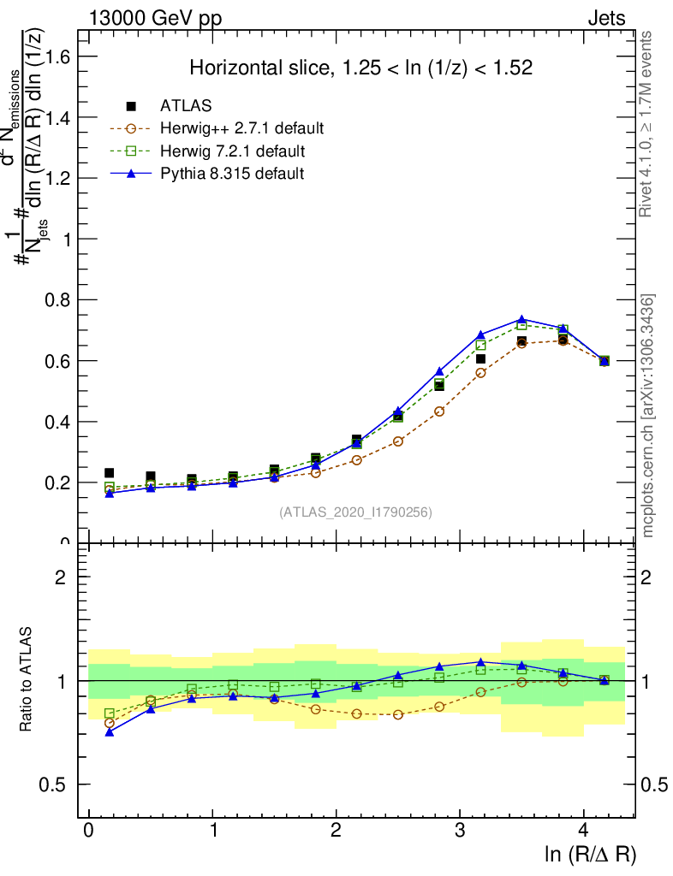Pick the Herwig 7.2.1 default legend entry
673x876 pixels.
(x=232, y=151)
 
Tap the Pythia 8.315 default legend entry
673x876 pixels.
(x=231, y=174)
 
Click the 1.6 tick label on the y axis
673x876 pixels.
(x=58, y=56)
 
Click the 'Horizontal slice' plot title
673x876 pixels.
(x=361, y=68)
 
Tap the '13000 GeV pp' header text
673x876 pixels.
(x=154, y=19)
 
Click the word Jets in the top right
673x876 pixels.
(x=606, y=19)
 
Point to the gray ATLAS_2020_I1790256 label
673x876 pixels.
(x=355, y=512)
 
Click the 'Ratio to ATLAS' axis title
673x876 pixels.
(x=28, y=681)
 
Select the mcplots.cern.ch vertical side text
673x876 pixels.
(x=648, y=416)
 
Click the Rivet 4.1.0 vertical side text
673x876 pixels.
(x=648, y=124)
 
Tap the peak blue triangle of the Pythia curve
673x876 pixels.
(x=522, y=319)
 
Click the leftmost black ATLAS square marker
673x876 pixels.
(x=110, y=473)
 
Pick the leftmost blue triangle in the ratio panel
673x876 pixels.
(x=110, y=732)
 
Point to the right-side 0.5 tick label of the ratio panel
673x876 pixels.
(x=655, y=785)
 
